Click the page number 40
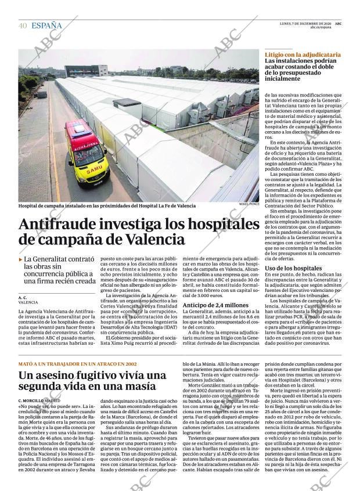(23, 26)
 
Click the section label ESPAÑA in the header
(46, 26)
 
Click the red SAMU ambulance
(87, 152)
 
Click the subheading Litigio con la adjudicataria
(303, 54)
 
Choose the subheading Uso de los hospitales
(293, 268)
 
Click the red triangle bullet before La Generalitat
(21, 259)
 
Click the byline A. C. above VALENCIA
(23, 297)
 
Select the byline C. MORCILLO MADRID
(39, 400)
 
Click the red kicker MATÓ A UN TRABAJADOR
(78, 363)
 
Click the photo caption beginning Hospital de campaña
(107, 205)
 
